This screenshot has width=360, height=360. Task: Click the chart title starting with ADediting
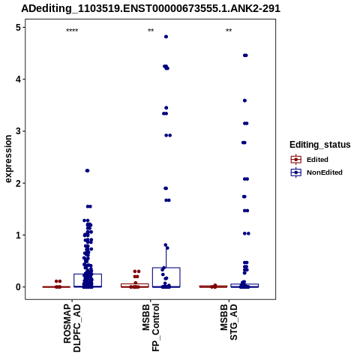tap(151, 9)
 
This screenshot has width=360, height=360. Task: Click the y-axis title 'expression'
tap(8, 159)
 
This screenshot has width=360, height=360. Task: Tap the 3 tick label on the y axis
tap(19, 131)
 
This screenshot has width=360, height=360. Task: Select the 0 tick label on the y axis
tap(19, 287)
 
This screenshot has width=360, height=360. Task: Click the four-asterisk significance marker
tap(72, 31)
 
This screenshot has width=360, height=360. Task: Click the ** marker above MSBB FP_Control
tap(151, 31)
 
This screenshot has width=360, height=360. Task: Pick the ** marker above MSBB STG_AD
tap(229, 31)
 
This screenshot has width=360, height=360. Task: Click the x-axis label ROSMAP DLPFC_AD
tap(72, 328)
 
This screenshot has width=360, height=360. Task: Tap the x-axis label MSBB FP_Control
tap(151, 328)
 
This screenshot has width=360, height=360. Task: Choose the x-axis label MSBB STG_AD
tap(229, 322)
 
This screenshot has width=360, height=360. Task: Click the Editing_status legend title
tap(320, 145)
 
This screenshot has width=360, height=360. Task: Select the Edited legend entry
tap(310, 160)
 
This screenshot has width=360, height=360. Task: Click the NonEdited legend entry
tap(316, 172)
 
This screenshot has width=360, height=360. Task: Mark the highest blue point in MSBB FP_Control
tap(166, 37)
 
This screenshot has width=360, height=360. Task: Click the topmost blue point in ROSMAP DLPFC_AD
tap(87, 171)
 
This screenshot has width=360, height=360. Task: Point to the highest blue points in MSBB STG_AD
tap(245, 55)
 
